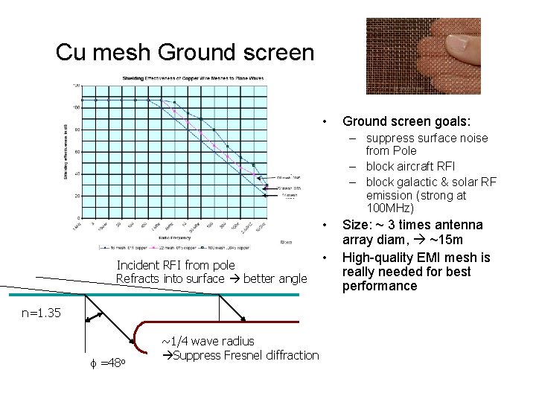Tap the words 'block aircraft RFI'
410,166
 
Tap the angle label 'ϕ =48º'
112,363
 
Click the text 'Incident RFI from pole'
176,265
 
